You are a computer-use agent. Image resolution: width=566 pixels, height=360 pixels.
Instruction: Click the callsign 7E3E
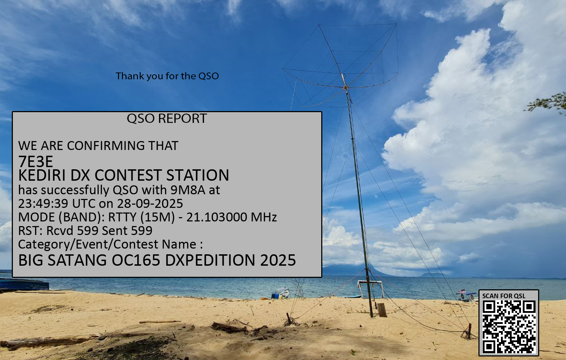pyautogui.click(x=36, y=161)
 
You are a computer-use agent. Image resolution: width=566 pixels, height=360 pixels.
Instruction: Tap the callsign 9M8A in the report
pyautogui.click(x=188, y=190)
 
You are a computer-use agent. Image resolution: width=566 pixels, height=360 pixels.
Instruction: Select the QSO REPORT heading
pyautogui.click(x=167, y=118)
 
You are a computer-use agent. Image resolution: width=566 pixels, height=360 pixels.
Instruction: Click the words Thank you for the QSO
pyautogui.click(x=167, y=76)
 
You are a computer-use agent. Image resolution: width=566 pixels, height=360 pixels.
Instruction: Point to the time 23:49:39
pyautogui.click(x=43, y=204)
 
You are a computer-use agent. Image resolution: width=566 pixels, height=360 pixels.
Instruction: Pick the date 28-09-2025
pyautogui.click(x=150, y=204)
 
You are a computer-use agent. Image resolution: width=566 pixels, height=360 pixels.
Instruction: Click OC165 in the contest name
pyautogui.click(x=136, y=260)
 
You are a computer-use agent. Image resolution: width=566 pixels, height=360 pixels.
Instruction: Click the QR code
pyautogui.click(x=509, y=327)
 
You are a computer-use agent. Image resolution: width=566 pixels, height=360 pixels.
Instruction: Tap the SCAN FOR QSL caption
pyautogui.click(x=503, y=296)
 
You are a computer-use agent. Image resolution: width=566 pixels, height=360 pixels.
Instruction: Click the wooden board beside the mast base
pyautogui.click(x=382, y=310)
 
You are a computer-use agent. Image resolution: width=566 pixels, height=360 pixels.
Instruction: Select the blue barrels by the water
pyautogui.click(x=275, y=295)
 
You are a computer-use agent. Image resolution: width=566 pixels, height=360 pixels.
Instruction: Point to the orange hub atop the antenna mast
pyautogui.click(x=346, y=87)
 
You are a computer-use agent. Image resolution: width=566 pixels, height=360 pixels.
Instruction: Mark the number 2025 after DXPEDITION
pyautogui.click(x=278, y=260)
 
